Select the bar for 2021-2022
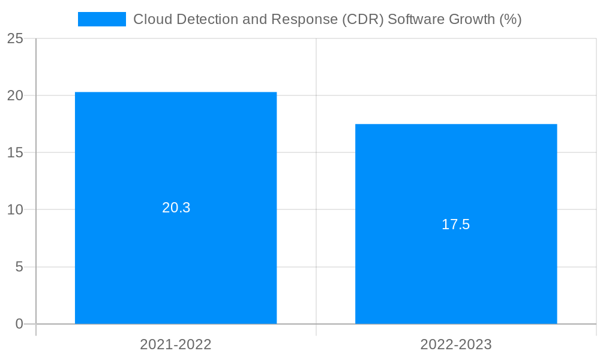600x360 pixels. [176, 150]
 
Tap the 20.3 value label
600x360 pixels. [176, 208]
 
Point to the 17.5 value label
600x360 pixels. [456, 224]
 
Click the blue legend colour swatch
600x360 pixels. [101, 19]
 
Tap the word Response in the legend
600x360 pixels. [298, 19]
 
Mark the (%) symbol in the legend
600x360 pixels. [511, 19]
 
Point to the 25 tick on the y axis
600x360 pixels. [16, 38]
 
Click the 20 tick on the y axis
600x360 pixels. [16, 95]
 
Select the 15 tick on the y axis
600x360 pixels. [16, 152]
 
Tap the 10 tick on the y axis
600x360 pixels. [16, 209]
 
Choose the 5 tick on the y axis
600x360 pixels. [19, 266]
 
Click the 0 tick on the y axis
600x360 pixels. [19, 324]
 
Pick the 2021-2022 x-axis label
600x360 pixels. [176, 344]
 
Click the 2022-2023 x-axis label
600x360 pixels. [456, 344]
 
